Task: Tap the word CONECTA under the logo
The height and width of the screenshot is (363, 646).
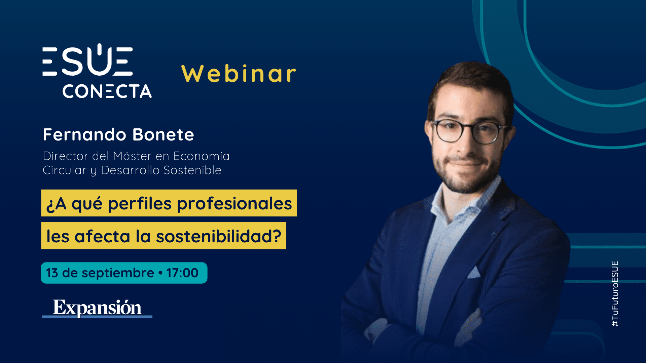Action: (x=107, y=91)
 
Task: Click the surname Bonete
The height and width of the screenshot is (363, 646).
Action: (x=163, y=134)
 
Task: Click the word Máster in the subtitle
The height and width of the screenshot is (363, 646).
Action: (x=133, y=156)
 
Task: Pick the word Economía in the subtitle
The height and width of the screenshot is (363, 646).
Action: (x=201, y=156)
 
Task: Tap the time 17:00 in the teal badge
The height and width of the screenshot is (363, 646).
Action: (x=182, y=273)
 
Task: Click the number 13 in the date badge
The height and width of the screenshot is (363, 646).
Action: (x=52, y=273)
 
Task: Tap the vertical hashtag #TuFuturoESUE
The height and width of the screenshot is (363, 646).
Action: (x=615, y=294)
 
